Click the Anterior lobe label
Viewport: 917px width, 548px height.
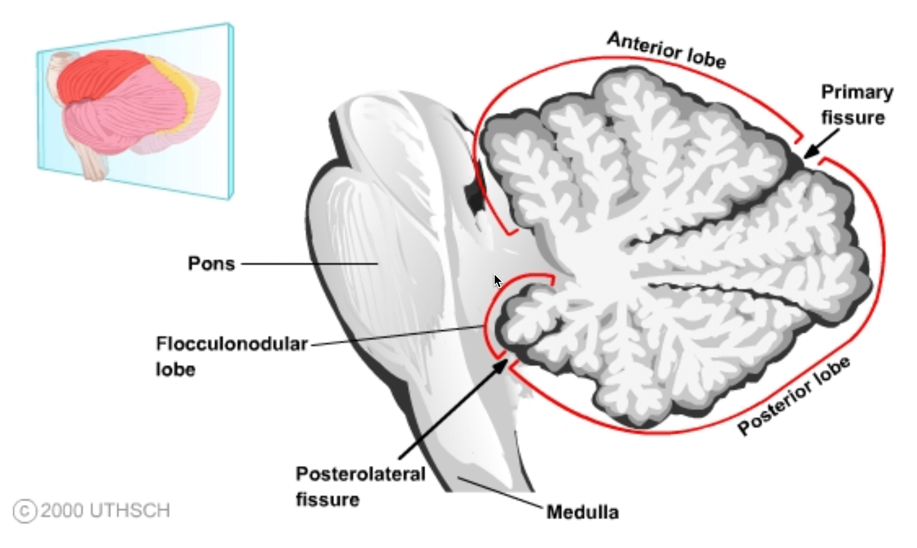click(x=666, y=51)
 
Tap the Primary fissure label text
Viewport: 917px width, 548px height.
click(x=856, y=105)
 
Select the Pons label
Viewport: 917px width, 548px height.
click(x=211, y=264)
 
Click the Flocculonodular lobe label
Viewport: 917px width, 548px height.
click(x=231, y=356)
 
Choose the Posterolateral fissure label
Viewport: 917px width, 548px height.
click(x=360, y=486)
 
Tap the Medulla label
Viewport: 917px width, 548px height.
click(x=582, y=512)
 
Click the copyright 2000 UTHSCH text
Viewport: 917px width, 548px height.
click(x=105, y=511)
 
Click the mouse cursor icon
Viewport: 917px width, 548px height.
click(x=498, y=281)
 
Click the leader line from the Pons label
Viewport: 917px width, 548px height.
click(x=309, y=264)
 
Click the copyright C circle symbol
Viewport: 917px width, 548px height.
click(x=25, y=511)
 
